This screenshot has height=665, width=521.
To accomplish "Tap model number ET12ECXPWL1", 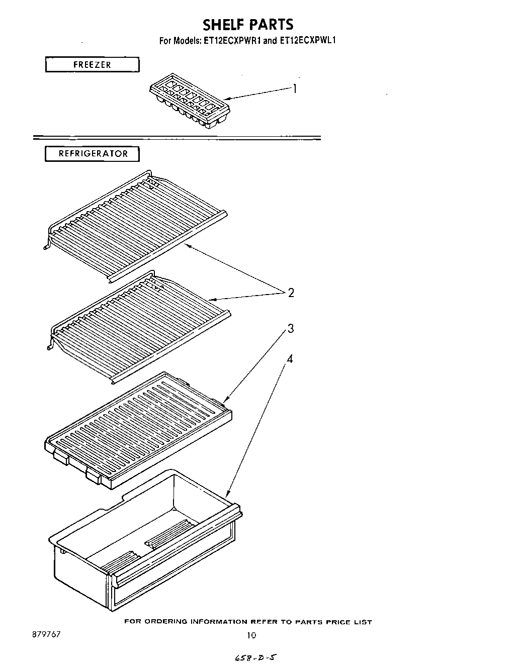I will coord(307,41).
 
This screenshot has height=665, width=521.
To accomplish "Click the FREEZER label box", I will coord(92,65).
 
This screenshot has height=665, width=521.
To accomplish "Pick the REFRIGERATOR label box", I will coord(93,154).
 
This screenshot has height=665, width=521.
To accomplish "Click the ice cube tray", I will coord(190,102).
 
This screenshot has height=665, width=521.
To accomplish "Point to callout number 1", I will coord(295,89).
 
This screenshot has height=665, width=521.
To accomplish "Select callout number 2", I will coord(291,293).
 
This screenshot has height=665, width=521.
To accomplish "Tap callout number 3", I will coord(291,329).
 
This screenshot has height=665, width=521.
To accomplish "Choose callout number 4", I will coord(290,359).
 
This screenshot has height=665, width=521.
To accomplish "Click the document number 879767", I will coord(46,634).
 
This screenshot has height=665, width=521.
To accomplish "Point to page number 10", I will coord(251,635).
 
